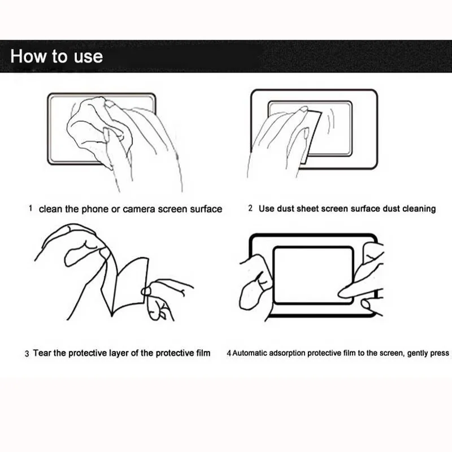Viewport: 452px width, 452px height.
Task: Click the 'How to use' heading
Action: point(56,56)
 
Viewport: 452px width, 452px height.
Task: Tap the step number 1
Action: point(31,208)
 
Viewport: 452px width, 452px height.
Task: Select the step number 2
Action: point(250,208)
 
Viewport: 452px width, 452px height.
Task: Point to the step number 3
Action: point(27,354)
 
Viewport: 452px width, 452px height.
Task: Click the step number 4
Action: point(229,353)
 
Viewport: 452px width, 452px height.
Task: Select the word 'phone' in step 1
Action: point(95,209)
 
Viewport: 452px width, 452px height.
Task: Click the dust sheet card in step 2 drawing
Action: point(311,136)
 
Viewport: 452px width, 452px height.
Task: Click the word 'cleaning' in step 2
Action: point(419,208)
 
